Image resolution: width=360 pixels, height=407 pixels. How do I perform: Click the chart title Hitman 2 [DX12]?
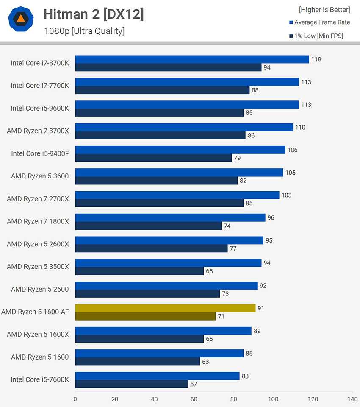[x=94, y=14]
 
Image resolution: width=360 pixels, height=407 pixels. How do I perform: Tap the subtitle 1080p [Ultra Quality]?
[x=84, y=31]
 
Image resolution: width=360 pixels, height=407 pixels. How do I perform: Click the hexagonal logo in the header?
[x=21, y=19]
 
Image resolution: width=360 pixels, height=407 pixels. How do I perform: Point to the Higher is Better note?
[x=324, y=10]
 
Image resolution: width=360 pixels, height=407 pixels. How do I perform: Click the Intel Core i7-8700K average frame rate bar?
[x=192, y=59]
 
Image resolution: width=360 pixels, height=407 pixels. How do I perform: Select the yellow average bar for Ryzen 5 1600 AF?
[x=165, y=308]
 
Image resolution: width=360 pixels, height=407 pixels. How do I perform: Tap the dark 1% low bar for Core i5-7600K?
[x=131, y=384]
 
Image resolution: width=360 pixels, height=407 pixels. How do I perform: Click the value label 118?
[x=316, y=59]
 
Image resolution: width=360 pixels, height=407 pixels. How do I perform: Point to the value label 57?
[x=194, y=384]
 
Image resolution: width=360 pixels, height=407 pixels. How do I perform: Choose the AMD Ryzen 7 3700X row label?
[x=38, y=131]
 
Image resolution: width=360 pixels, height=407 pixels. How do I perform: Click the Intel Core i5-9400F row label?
[x=40, y=153]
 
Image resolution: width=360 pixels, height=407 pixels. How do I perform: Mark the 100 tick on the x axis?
[x=273, y=399]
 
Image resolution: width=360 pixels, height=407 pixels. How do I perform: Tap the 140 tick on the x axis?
[x=352, y=399]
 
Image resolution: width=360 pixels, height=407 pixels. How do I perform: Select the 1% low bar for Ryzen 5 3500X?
[x=139, y=271]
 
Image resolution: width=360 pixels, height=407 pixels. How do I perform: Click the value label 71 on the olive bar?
[x=221, y=316]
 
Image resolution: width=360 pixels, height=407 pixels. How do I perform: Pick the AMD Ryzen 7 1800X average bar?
[x=170, y=217]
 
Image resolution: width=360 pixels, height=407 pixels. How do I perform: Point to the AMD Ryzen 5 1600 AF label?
[x=35, y=312]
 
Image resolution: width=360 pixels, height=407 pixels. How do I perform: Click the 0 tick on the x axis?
[x=75, y=399]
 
